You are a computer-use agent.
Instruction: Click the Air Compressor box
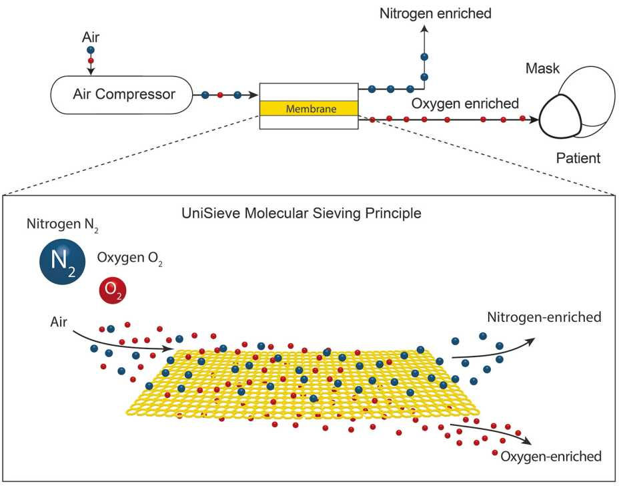[x=123, y=95]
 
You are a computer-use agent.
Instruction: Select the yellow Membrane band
[x=308, y=108]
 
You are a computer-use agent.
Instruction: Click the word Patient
[x=578, y=158]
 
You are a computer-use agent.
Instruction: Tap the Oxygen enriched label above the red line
[x=465, y=103]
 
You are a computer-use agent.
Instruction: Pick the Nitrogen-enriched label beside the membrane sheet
[x=544, y=316]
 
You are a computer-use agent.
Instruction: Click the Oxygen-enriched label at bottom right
[x=550, y=457]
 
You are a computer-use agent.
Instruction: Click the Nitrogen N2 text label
[x=63, y=224]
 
